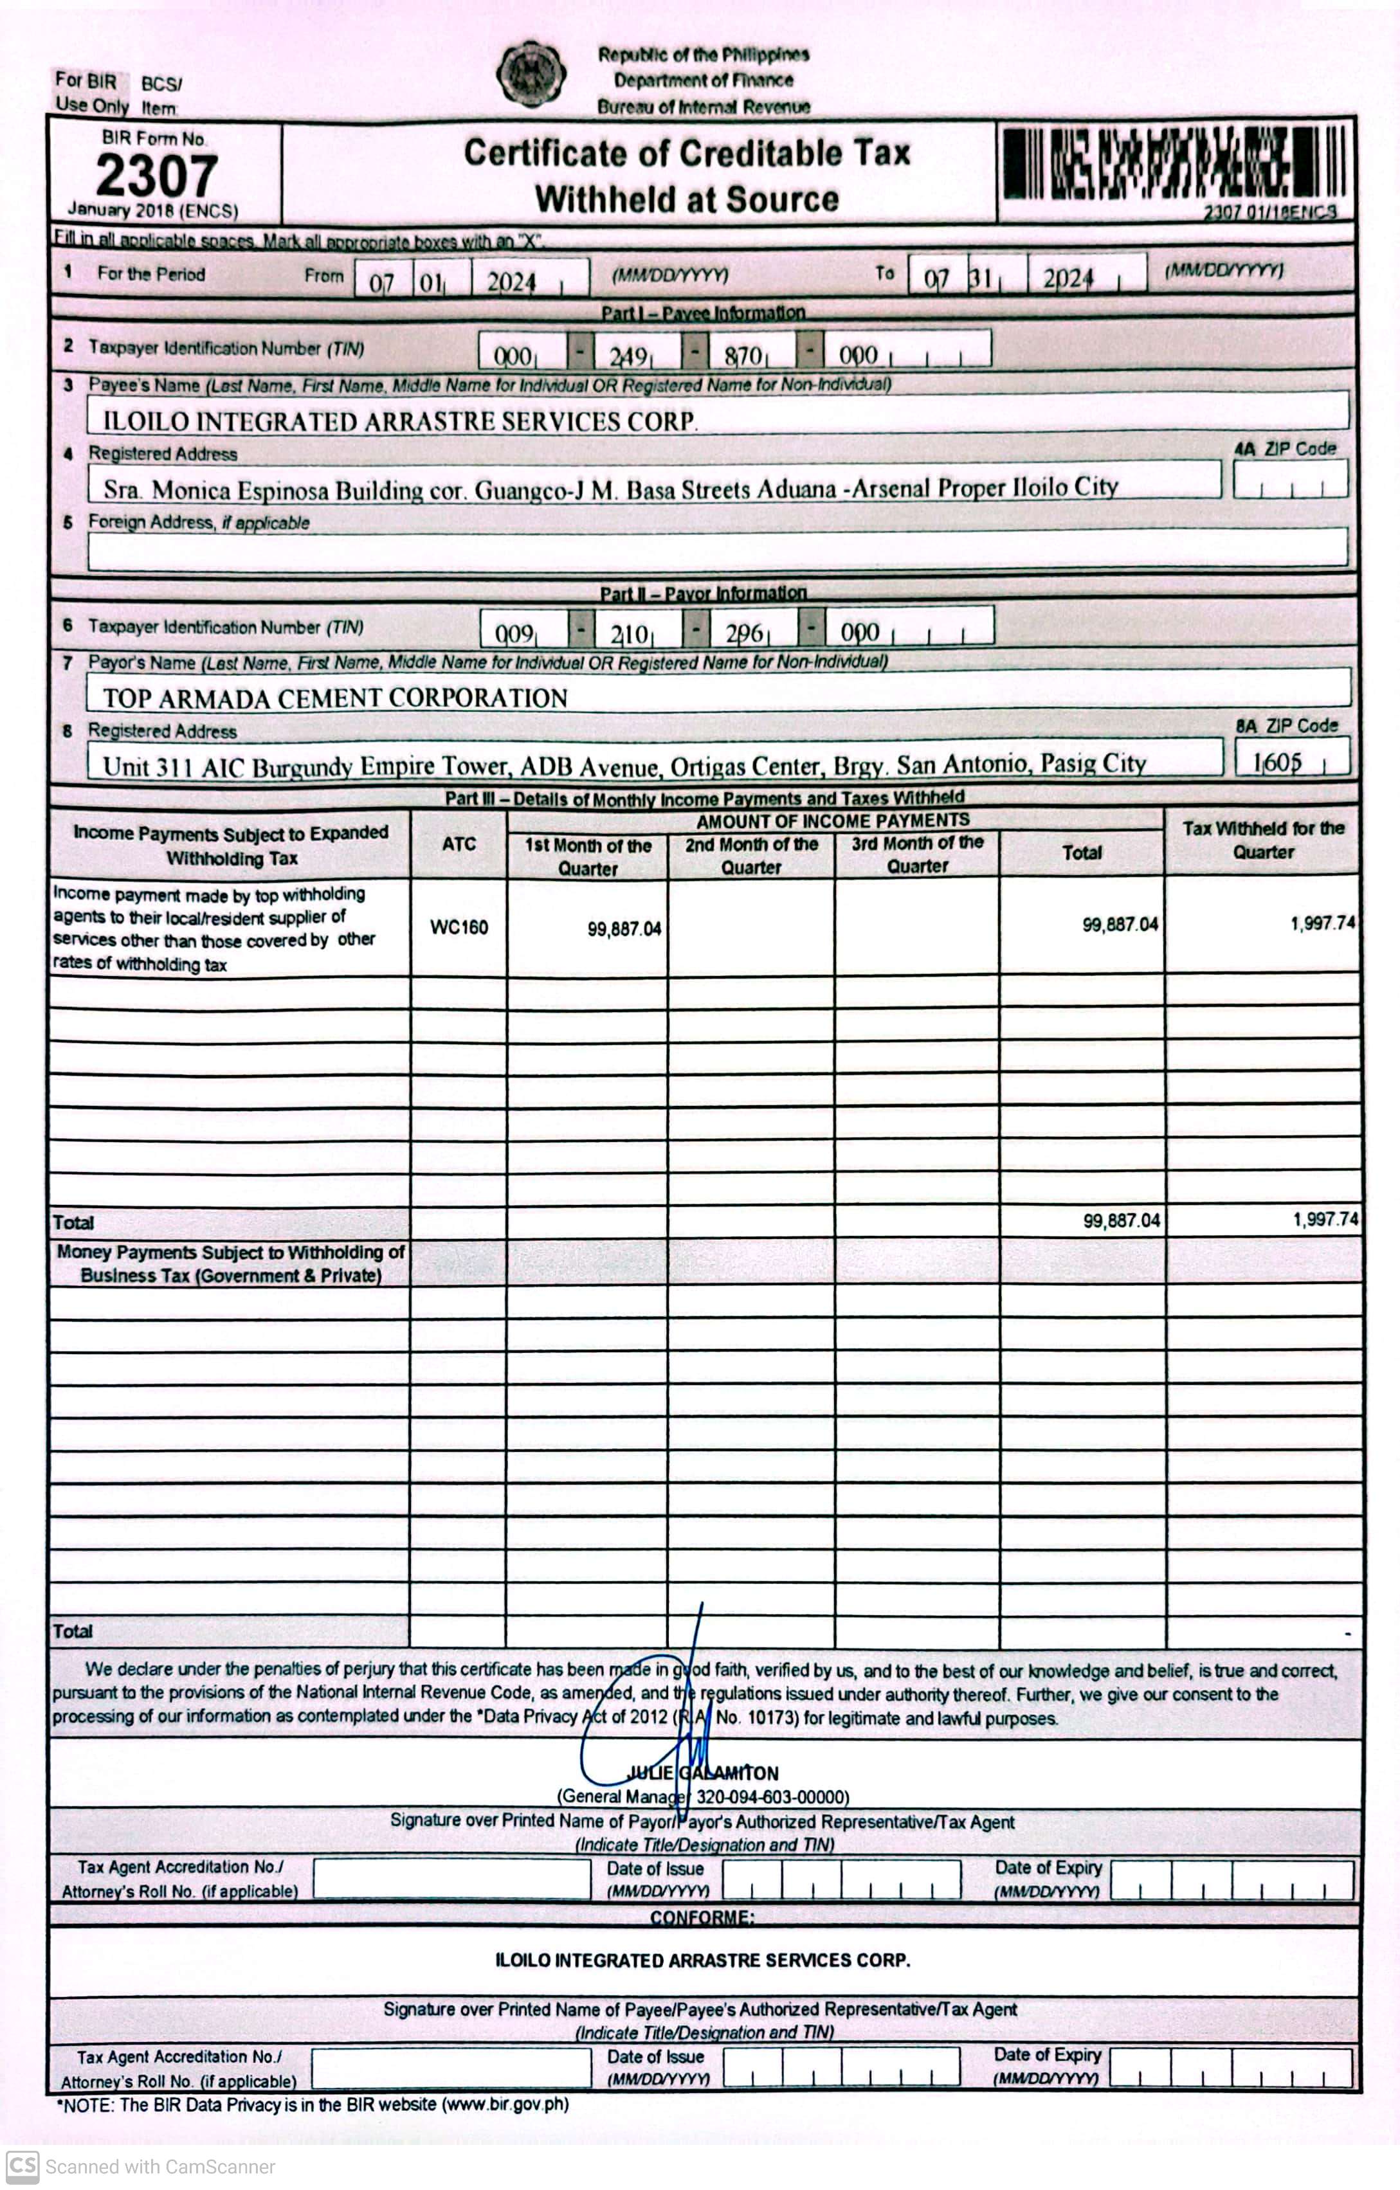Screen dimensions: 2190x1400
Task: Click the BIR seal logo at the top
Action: click(x=531, y=73)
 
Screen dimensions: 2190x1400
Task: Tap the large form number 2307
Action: click(x=156, y=175)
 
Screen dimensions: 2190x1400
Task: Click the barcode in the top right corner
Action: click(x=1174, y=164)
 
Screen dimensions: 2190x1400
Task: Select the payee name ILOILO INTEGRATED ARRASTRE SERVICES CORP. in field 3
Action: click(x=399, y=421)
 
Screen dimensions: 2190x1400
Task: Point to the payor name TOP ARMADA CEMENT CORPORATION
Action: click(x=335, y=698)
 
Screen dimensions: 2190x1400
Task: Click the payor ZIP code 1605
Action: click(x=1278, y=762)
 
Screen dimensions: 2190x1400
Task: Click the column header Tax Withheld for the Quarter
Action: click(x=1262, y=840)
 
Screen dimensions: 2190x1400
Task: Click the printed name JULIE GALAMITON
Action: click(x=702, y=1773)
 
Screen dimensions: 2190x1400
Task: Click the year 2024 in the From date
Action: click(x=511, y=282)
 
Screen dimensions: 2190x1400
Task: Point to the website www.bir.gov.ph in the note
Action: click(x=505, y=2104)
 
